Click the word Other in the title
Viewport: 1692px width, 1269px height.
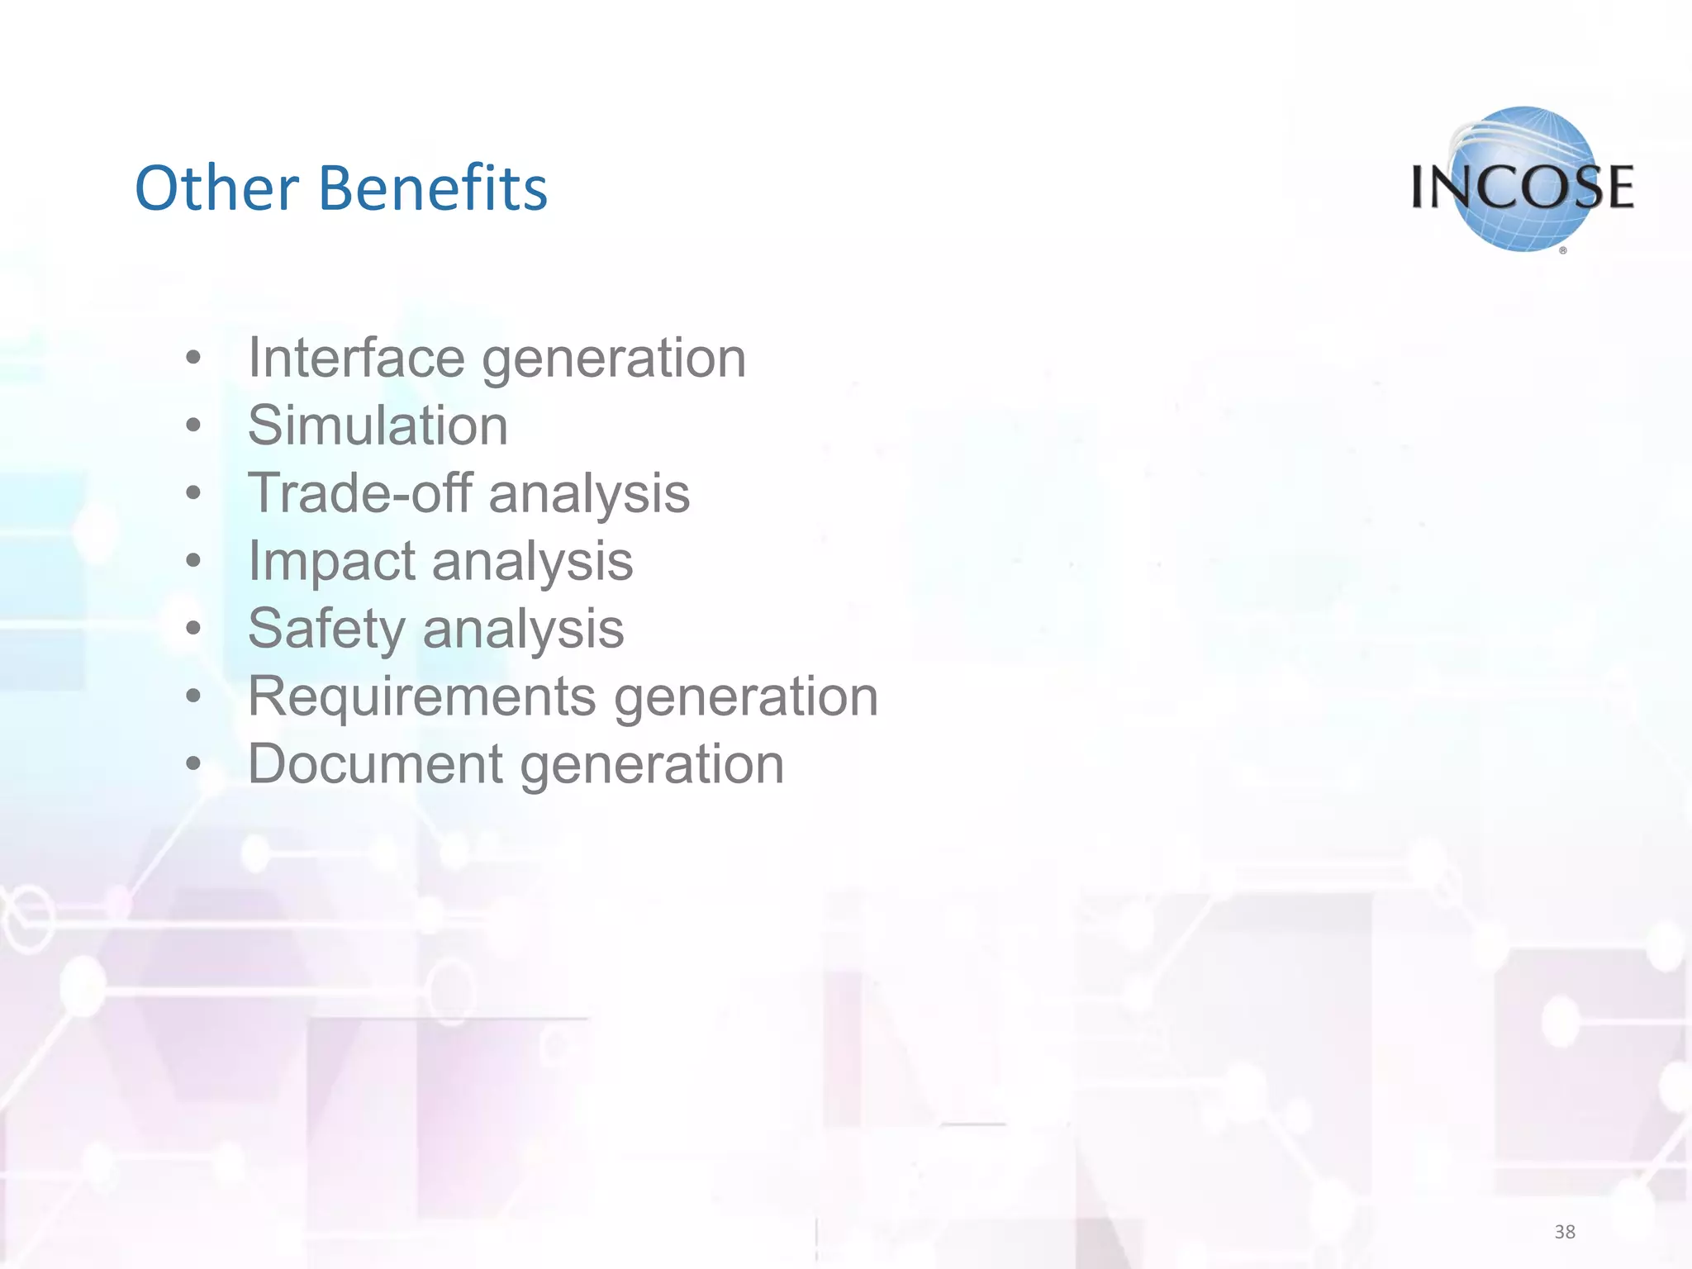pos(216,188)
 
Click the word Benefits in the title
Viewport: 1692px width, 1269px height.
pos(432,188)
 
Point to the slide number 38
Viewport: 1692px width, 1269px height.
pos(1564,1232)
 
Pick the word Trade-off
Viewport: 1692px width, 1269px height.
pos(359,493)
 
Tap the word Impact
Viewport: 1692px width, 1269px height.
pos(330,561)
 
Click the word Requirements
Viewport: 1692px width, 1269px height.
pos(421,696)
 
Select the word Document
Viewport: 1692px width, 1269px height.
pos(375,764)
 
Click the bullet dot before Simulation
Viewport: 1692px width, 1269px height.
pos(193,426)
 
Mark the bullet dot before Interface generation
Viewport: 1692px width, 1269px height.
pos(193,359)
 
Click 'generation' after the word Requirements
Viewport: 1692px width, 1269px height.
pos(746,696)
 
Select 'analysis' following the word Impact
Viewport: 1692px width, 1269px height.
pos(532,561)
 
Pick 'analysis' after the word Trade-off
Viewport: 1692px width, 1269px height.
pos(589,493)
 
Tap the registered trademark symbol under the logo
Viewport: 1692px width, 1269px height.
pos(1562,250)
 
